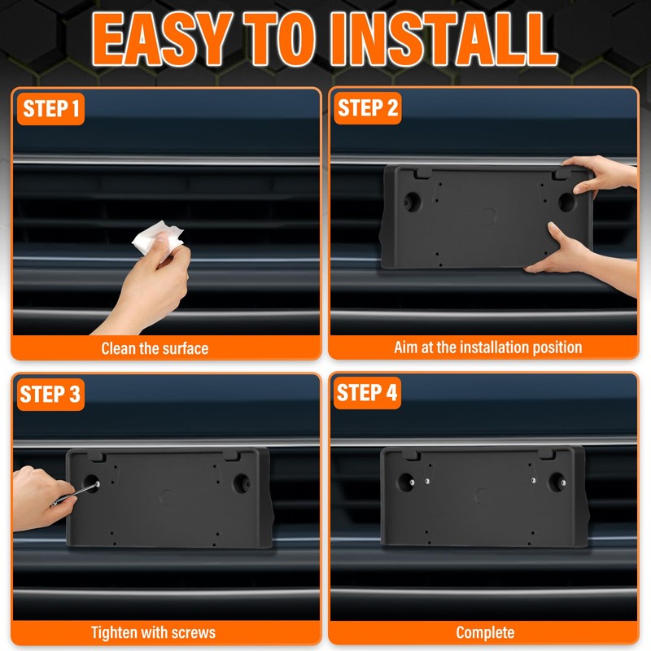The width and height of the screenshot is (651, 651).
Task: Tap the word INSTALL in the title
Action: click(x=443, y=38)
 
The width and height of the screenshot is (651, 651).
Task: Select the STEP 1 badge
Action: click(x=50, y=109)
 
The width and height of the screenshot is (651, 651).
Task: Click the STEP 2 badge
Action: click(x=368, y=108)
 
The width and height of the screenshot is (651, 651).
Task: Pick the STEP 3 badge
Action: click(x=50, y=394)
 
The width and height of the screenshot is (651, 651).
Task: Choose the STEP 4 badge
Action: click(x=367, y=393)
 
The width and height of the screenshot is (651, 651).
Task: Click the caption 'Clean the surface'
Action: click(x=155, y=348)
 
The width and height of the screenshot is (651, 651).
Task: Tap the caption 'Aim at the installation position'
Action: click(x=487, y=347)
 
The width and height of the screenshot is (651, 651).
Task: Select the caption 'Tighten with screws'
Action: click(x=153, y=633)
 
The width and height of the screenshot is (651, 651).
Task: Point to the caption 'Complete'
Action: click(x=485, y=633)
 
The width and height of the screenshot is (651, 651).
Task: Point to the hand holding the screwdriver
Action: click(x=42, y=498)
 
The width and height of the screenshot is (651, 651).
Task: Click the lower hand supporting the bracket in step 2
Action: click(x=581, y=257)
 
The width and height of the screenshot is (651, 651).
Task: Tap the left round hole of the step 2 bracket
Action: click(x=413, y=202)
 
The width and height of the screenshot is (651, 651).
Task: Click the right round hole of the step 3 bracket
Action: click(x=241, y=483)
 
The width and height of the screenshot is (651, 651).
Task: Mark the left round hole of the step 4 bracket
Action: click(x=406, y=482)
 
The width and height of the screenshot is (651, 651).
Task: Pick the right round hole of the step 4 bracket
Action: click(x=557, y=482)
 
